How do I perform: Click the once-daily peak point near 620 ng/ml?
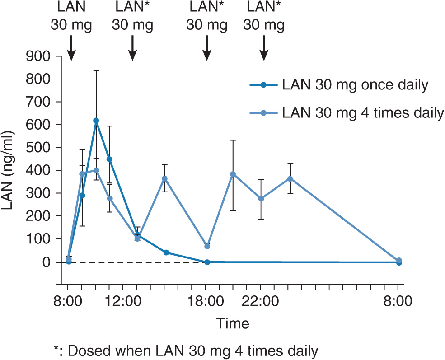pos(96,121)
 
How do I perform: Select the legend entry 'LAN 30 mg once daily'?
pos(354,84)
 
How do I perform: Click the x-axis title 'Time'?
pos(232,323)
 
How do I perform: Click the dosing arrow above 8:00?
pos(71,48)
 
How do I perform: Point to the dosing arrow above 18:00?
pos(207,48)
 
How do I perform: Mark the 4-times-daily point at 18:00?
pos(207,246)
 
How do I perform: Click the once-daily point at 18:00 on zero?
pos(207,262)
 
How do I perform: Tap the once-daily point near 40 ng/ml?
pos(166,252)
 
